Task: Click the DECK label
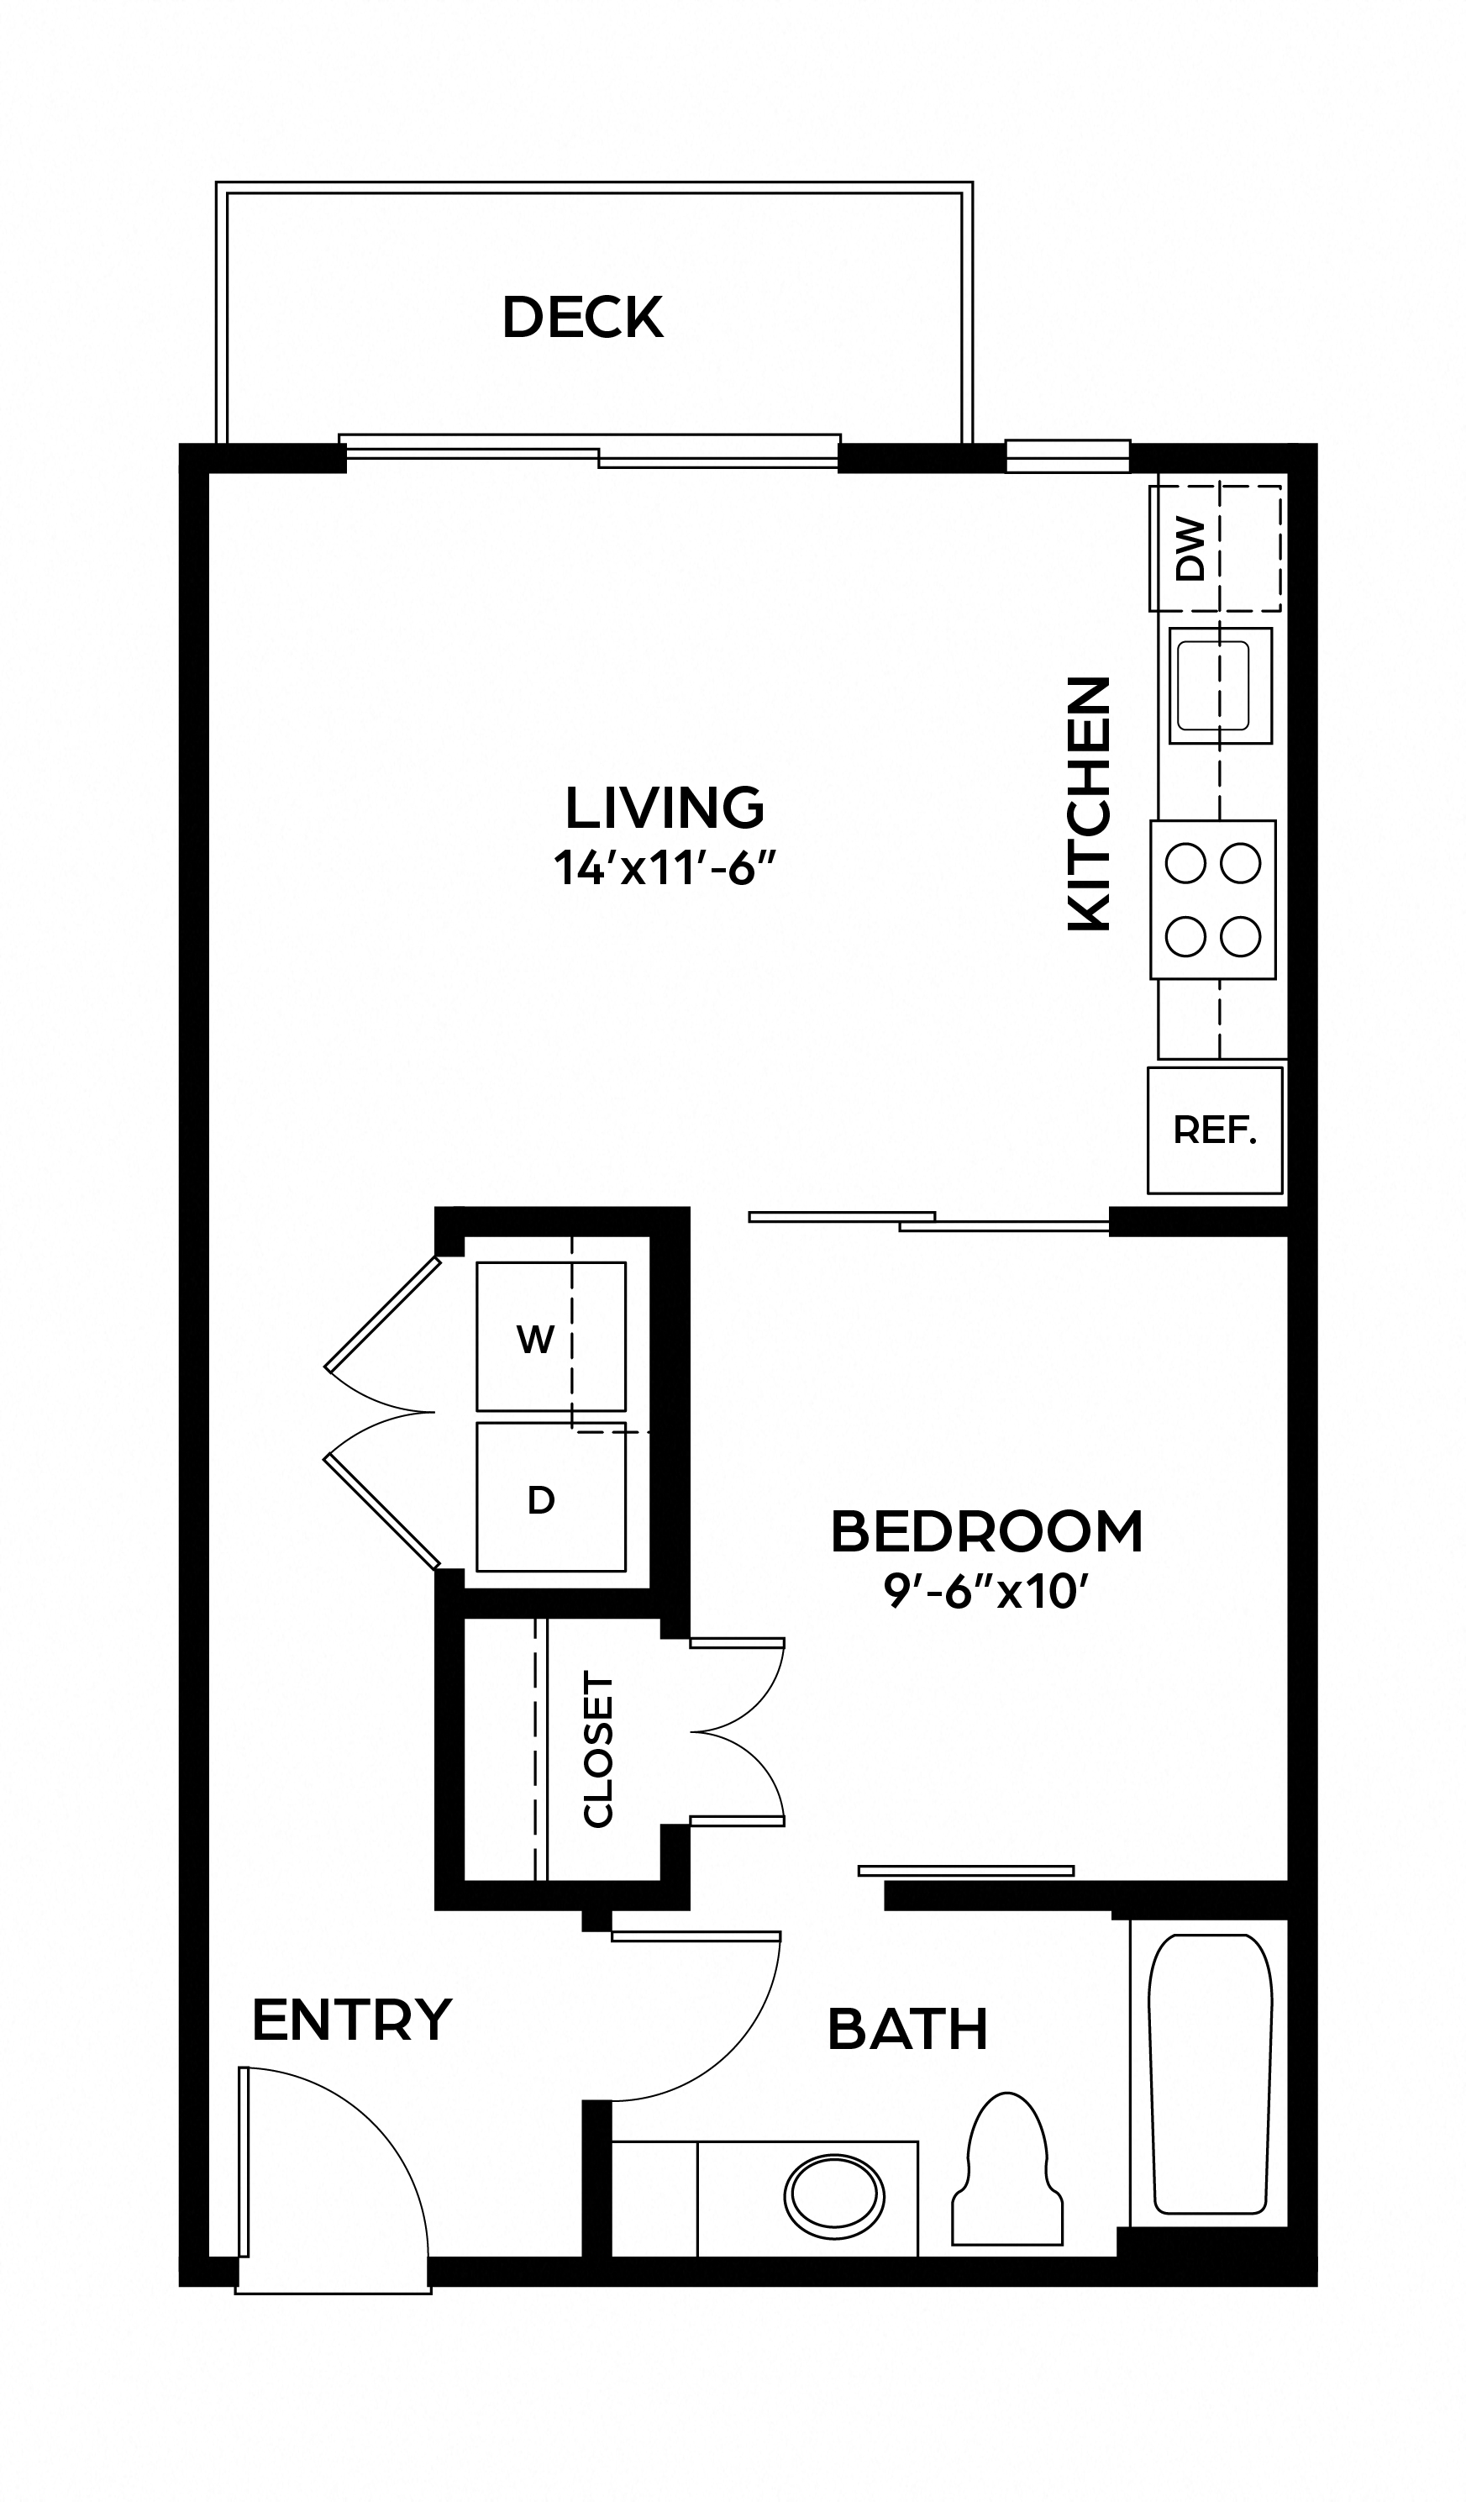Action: tap(583, 317)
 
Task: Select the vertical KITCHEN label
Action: tap(1089, 803)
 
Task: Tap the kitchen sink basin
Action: tap(1213, 685)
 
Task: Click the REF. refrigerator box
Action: tap(1214, 1130)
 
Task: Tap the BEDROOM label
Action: tap(986, 1531)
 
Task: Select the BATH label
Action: tap(907, 2030)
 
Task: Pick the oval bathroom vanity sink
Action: tap(833, 2197)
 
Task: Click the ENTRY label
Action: tap(351, 2020)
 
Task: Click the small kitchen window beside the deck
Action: tap(1067, 456)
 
